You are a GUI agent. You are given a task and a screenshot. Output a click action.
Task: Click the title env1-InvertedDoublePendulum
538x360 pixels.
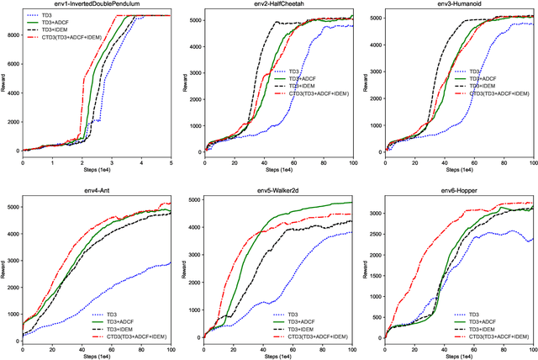95,5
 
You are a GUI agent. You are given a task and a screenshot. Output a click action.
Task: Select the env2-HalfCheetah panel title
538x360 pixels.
275,5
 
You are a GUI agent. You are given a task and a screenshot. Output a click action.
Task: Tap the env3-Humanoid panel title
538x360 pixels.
456,5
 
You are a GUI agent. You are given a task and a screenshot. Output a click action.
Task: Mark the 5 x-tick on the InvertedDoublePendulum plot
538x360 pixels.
171,162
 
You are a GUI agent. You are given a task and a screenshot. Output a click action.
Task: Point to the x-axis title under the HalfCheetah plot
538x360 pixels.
275,172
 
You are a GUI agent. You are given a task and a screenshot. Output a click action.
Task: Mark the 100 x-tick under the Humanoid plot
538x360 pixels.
532,162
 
